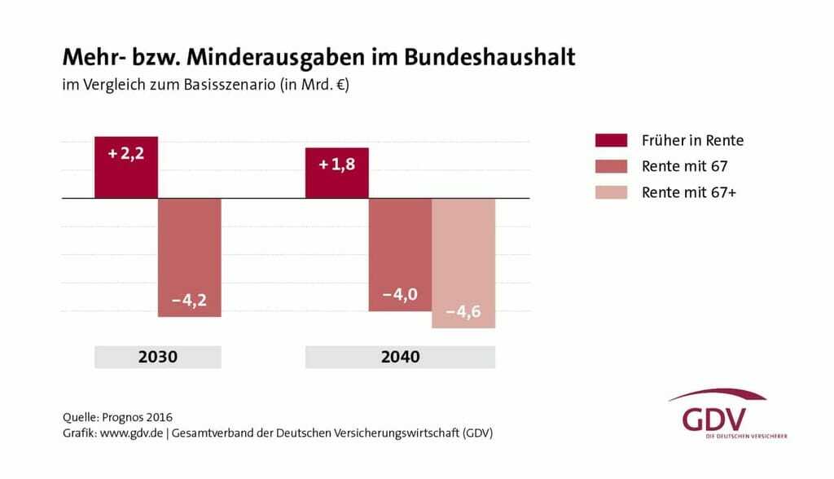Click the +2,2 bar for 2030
[125, 167]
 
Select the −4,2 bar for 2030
[189, 257]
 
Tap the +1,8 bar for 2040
[336, 173]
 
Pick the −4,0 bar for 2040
[400, 254]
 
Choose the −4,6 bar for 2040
[463, 262]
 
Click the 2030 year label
[157, 357]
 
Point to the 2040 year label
[400, 357]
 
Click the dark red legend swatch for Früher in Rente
[611, 140]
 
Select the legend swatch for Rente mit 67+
[611, 192]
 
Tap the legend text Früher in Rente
[692, 140]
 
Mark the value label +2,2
[126, 152]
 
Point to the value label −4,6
[463, 311]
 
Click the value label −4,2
[189, 300]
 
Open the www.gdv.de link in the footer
[131, 433]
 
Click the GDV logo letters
[714, 419]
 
